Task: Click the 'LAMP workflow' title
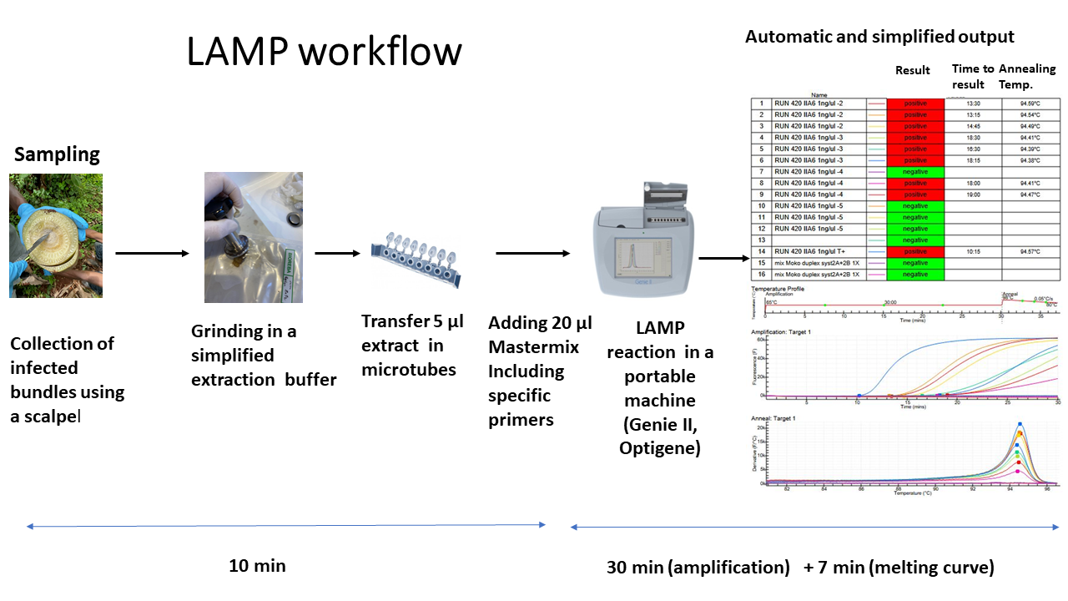pyautogui.click(x=324, y=52)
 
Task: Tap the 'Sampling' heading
pyautogui.click(x=57, y=154)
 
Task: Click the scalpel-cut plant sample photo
pyautogui.click(x=56, y=235)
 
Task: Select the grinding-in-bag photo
pyautogui.click(x=253, y=237)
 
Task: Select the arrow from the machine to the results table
pyautogui.click(x=723, y=258)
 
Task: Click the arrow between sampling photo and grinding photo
pyautogui.click(x=152, y=253)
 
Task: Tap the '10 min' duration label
pyautogui.click(x=257, y=566)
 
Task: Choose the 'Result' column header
pyautogui.click(x=912, y=70)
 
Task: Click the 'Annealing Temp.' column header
pyautogui.click(x=1027, y=76)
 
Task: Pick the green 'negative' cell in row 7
pyautogui.click(x=915, y=171)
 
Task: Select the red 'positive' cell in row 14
pyautogui.click(x=915, y=251)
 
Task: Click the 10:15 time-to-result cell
pyautogui.click(x=974, y=251)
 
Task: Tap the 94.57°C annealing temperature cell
pyautogui.click(x=1030, y=251)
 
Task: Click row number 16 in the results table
pyautogui.click(x=761, y=274)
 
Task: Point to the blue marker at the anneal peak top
pyautogui.click(x=1020, y=425)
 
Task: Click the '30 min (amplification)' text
pyautogui.click(x=698, y=568)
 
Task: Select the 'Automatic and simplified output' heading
pyautogui.click(x=879, y=37)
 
